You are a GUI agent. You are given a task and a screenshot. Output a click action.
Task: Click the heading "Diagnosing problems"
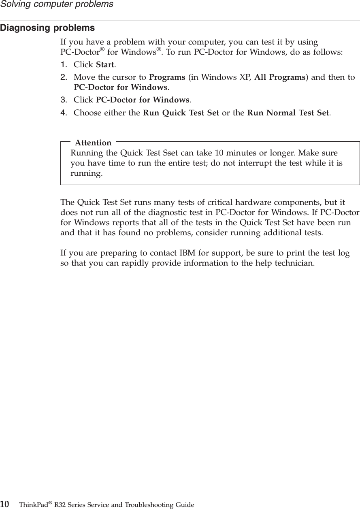[47, 28]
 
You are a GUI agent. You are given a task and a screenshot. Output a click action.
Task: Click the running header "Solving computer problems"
[57, 4]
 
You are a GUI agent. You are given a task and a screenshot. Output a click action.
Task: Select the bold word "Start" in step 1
[105, 65]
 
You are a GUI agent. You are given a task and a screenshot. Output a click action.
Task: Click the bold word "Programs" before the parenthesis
[167, 77]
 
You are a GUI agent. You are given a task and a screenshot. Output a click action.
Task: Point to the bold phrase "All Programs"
[279, 77]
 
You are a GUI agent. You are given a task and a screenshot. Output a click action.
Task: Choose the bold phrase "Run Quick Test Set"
[181, 113]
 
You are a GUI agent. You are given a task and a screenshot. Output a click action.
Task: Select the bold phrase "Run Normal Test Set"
[288, 113]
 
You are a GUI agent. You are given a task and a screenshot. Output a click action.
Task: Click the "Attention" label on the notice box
[93, 143]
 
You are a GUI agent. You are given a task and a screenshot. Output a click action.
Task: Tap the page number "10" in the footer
[5, 504]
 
